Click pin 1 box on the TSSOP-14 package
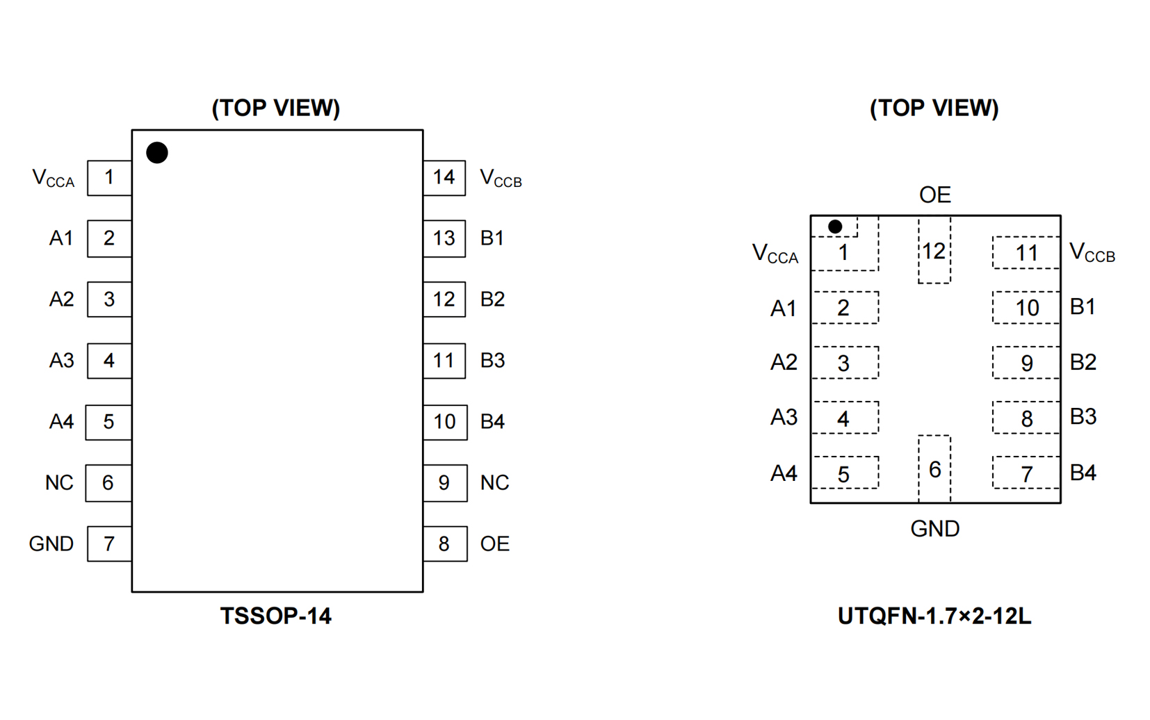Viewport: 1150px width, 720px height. tap(109, 178)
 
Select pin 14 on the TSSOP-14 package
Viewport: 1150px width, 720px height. tap(444, 178)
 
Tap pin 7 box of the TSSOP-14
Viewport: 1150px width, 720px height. tap(109, 543)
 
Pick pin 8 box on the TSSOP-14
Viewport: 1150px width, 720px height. tap(444, 543)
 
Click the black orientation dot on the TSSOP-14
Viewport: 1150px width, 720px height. tap(157, 153)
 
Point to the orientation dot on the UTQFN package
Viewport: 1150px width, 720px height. tap(835, 227)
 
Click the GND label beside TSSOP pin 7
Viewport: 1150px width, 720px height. tap(51, 543)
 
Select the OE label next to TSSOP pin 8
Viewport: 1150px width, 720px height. tap(494, 543)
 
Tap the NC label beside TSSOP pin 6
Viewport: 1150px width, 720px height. tap(59, 482)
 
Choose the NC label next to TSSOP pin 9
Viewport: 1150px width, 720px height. tap(494, 482)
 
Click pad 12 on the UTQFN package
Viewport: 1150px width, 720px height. tap(934, 251)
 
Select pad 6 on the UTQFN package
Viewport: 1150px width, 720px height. tap(934, 469)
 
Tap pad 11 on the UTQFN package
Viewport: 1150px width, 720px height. tap(1026, 253)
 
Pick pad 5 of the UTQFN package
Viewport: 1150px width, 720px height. tap(844, 473)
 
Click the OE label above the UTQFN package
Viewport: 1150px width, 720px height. tap(934, 195)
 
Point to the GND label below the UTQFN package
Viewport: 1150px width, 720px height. tap(934, 529)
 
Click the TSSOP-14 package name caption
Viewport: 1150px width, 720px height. tap(276, 616)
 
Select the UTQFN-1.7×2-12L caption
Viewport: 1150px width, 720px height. tap(934, 616)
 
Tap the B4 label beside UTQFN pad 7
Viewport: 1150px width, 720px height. tap(1083, 473)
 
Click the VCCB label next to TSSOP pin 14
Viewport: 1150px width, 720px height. tap(501, 179)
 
